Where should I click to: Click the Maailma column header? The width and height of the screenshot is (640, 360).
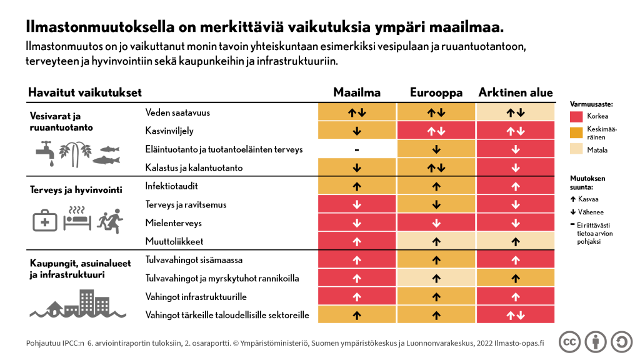357,92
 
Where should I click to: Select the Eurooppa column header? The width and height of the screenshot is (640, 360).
436,92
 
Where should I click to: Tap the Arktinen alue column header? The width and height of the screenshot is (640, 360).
516,92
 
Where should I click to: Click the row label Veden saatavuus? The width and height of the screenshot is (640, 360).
177,112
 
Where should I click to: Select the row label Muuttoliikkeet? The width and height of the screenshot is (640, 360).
174,241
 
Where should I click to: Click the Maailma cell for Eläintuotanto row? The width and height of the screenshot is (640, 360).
357,149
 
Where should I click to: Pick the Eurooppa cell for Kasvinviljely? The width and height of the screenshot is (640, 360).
436,131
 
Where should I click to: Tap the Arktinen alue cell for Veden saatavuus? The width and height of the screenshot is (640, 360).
516,112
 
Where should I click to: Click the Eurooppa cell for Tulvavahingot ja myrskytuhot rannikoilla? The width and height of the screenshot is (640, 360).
436,278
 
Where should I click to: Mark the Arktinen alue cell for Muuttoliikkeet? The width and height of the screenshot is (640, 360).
516,241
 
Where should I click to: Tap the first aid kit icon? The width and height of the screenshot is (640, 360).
46,221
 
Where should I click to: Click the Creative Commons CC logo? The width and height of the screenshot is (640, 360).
569,342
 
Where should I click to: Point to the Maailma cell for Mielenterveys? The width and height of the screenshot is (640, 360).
357,223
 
